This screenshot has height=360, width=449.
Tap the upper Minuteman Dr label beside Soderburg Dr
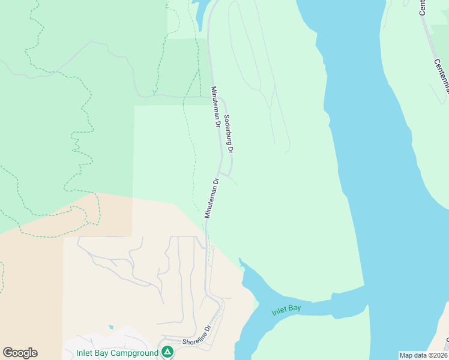point(214,107)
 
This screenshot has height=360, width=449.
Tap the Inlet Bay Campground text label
point(118,353)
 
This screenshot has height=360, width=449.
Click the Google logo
point(20,353)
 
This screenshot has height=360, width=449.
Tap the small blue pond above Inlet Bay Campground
point(111,327)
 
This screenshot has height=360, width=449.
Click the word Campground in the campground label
point(136,353)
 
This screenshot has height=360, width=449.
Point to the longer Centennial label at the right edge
point(442,75)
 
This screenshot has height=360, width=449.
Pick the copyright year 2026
point(436,355)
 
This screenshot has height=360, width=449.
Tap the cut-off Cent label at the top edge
point(422,7)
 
